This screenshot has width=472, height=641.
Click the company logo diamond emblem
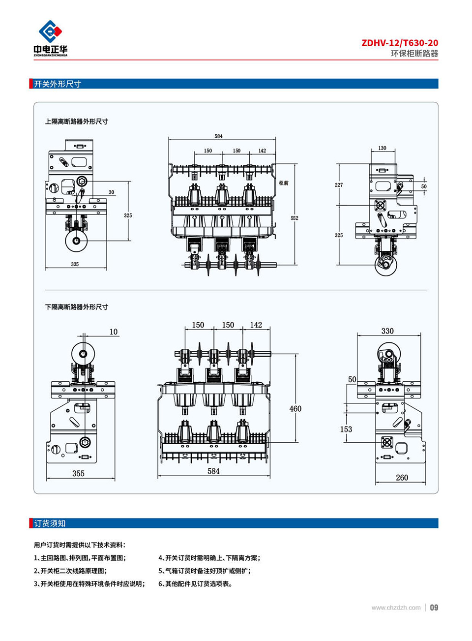[x=50, y=32]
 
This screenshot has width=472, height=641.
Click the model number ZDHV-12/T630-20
[x=400, y=43]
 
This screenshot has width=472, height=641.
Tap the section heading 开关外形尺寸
[x=57, y=84]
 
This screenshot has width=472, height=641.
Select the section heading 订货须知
[x=50, y=523]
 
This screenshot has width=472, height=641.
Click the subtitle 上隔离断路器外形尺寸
[x=77, y=122]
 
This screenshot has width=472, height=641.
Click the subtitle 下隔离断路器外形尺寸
[x=77, y=307]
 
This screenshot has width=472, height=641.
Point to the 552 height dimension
[x=295, y=218]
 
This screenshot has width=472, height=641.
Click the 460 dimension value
[x=295, y=409]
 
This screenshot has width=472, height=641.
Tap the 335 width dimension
[x=75, y=264]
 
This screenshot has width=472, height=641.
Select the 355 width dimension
[x=78, y=473]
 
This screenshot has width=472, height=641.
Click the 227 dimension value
[x=339, y=185]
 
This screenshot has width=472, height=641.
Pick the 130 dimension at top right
[x=383, y=148]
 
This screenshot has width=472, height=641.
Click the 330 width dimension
[x=387, y=331]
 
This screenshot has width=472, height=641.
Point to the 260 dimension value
[x=402, y=478]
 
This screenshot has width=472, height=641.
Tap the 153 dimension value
[x=346, y=429]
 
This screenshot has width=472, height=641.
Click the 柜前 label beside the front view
[x=284, y=183]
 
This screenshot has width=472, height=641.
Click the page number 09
[x=434, y=608]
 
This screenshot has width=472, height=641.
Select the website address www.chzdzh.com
[x=396, y=608]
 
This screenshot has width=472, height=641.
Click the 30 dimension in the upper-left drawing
[x=112, y=192]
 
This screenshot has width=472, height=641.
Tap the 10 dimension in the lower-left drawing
[x=114, y=332]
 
